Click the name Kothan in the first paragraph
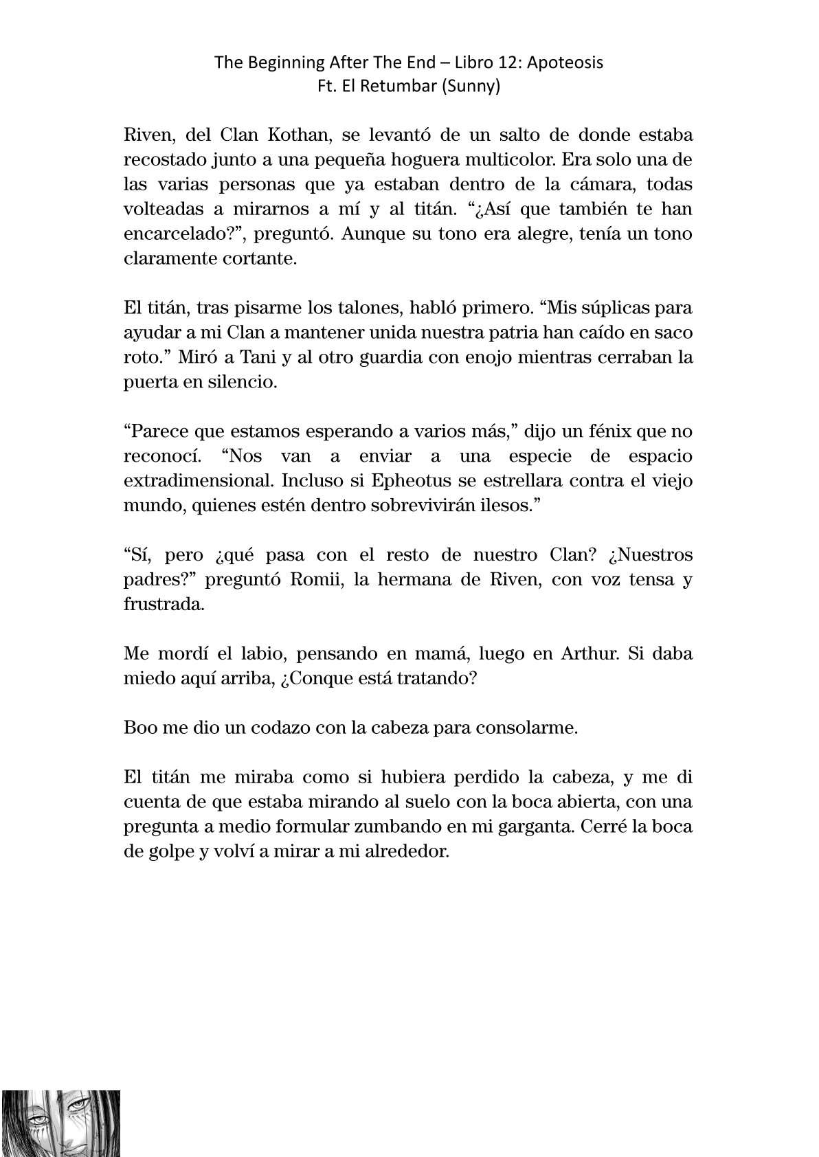click(291, 135)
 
